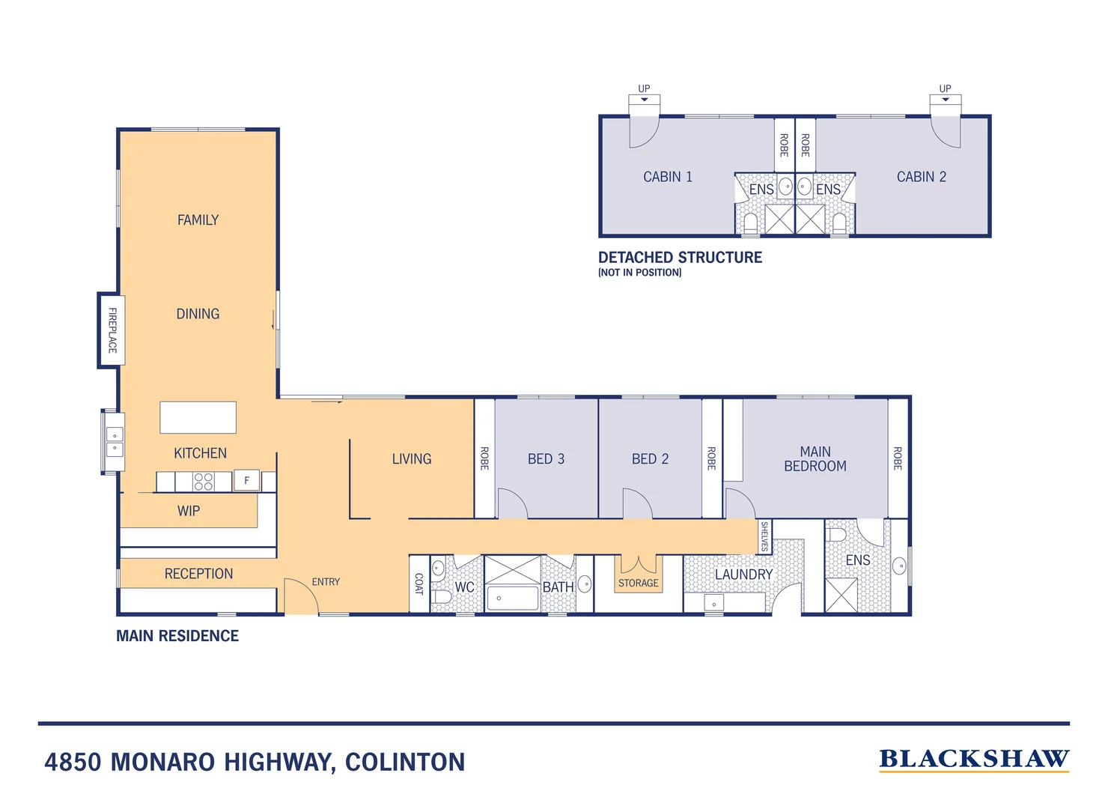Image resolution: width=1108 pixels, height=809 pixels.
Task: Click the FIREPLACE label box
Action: [112, 330]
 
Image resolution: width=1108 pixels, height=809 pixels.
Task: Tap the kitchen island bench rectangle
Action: [198, 417]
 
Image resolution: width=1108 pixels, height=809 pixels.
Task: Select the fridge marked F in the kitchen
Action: [247, 480]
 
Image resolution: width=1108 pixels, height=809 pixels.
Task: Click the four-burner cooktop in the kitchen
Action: [204, 481]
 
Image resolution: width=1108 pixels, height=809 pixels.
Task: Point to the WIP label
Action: [189, 511]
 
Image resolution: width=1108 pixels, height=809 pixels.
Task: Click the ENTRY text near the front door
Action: [326, 582]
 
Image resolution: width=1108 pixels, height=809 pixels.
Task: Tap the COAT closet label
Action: [418, 584]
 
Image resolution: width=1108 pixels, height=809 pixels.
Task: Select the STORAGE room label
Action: [639, 583]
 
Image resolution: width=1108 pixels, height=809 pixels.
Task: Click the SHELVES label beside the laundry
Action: [764, 536]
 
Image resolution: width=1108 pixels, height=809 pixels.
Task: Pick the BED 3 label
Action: [546, 458]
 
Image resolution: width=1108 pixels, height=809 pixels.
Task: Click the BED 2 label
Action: [650, 458]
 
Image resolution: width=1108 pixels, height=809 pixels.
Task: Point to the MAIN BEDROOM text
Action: [815, 458]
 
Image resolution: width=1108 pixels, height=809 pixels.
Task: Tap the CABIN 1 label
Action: [668, 177]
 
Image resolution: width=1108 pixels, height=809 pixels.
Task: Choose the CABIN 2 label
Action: [922, 177]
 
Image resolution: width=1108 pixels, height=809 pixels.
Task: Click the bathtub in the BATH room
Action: [513, 598]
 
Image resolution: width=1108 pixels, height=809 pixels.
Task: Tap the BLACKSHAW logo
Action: [974, 760]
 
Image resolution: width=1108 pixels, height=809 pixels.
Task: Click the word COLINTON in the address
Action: [405, 762]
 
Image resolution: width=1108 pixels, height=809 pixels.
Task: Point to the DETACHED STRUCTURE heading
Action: [680, 258]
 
